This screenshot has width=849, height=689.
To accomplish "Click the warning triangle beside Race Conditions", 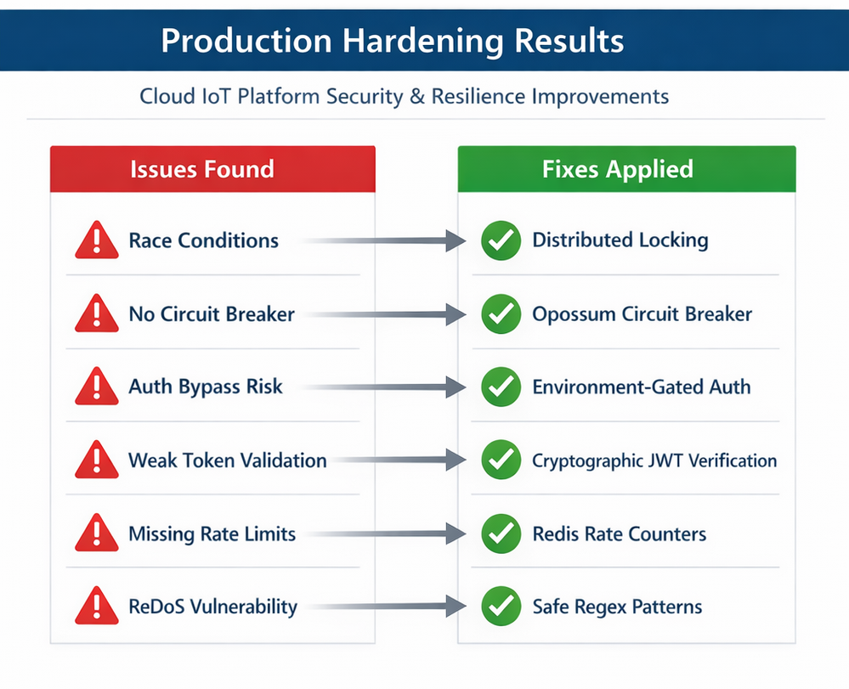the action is pyautogui.click(x=96, y=240).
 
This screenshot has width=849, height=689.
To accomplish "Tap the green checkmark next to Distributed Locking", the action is pyautogui.click(x=501, y=240).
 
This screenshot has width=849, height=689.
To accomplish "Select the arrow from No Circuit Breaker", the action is pyautogui.click(x=386, y=314).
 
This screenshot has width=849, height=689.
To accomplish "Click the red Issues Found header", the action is pyautogui.click(x=212, y=169).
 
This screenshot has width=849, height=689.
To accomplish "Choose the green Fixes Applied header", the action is pyautogui.click(x=626, y=169).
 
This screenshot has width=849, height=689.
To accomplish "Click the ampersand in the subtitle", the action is pyautogui.click(x=417, y=96).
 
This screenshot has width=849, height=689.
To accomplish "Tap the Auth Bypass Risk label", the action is pyautogui.click(x=205, y=387).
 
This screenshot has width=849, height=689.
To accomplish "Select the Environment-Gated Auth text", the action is pyautogui.click(x=641, y=387).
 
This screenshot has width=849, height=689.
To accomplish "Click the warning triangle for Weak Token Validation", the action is pyautogui.click(x=96, y=460).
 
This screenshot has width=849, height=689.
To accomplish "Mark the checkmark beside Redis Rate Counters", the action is pyautogui.click(x=501, y=534).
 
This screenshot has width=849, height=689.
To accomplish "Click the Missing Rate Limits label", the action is pyautogui.click(x=212, y=534).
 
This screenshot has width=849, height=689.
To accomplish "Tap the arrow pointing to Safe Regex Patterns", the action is pyautogui.click(x=386, y=607).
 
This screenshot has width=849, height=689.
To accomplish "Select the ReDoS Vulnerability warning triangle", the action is pyautogui.click(x=96, y=607).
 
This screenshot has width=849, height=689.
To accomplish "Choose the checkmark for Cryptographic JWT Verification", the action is pyautogui.click(x=501, y=460).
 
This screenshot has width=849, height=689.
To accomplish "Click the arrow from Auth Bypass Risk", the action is pyautogui.click(x=383, y=387).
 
